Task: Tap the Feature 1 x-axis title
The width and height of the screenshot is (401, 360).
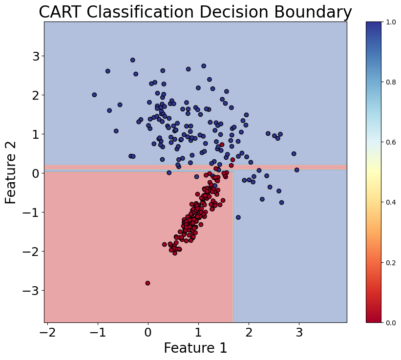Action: click(x=195, y=348)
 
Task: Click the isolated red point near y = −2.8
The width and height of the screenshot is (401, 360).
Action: click(x=148, y=283)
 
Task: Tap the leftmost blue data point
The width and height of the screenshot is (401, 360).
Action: click(x=94, y=95)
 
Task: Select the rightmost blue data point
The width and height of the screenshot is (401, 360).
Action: click(x=296, y=170)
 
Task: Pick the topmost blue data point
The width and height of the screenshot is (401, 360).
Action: click(x=132, y=60)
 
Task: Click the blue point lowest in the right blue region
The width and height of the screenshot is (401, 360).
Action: click(x=238, y=217)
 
